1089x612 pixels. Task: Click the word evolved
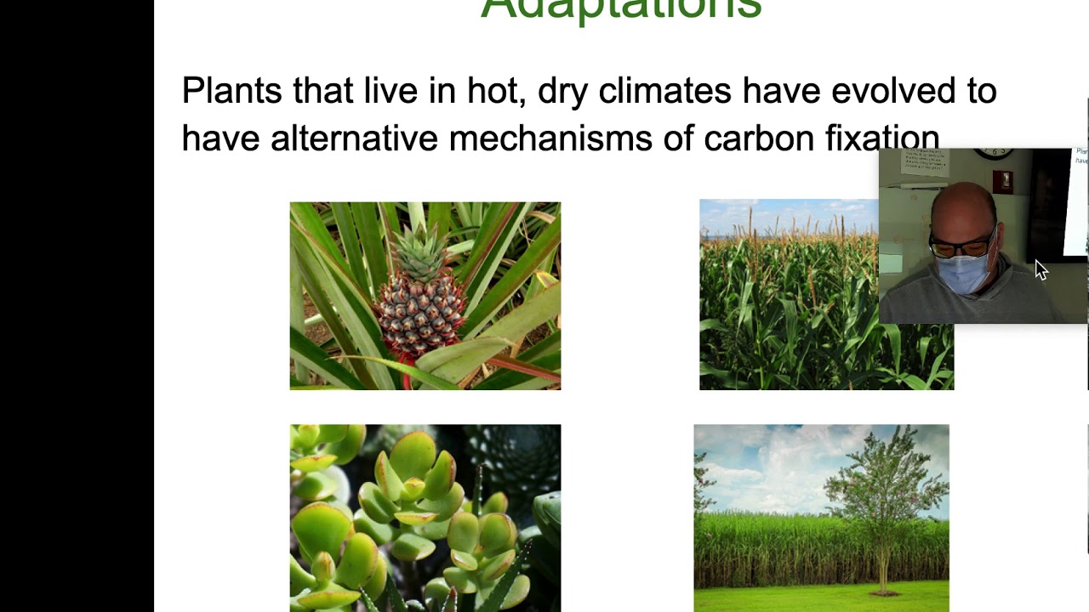pos(890,91)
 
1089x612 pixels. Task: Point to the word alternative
pos(352,139)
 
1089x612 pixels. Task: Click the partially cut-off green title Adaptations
pos(621,8)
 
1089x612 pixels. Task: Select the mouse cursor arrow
pos(1041,269)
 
